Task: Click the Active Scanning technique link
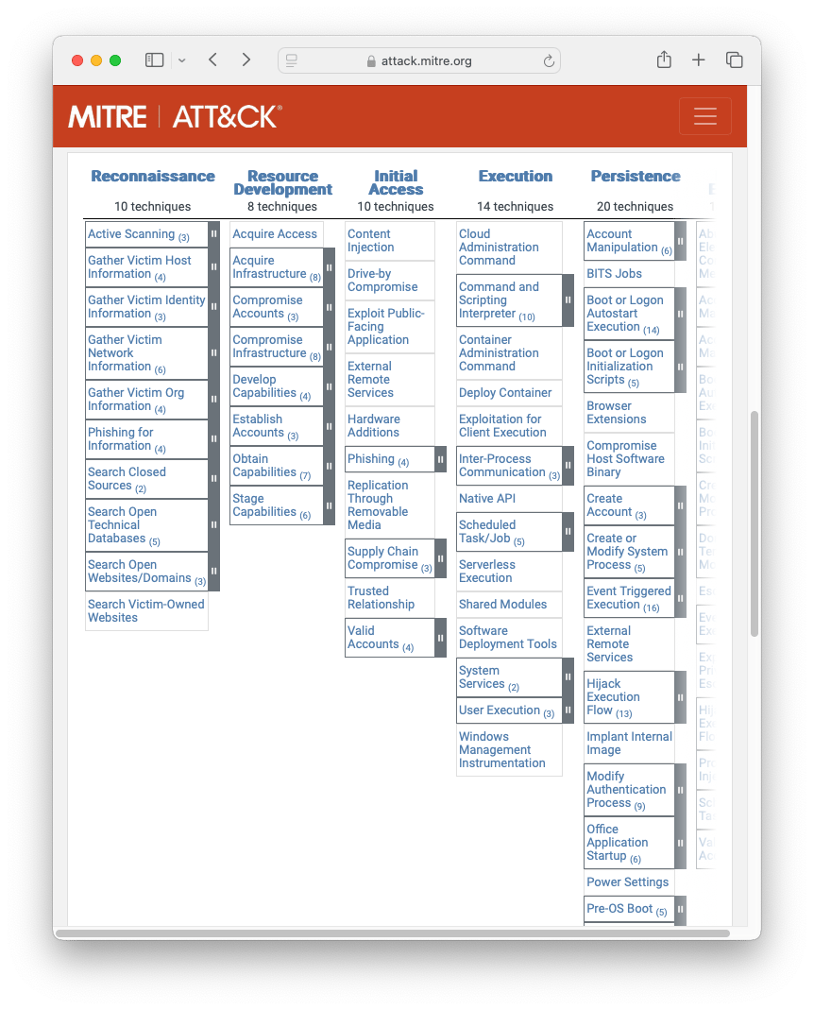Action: (131, 234)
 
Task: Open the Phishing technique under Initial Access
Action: (371, 459)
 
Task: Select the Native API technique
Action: (486, 499)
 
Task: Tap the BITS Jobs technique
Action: (614, 274)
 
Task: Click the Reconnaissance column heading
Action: (153, 176)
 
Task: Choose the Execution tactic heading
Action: (515, 176)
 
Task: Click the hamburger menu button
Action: (704, 116)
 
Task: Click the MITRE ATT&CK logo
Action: (175, 116)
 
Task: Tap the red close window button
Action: (77, 60)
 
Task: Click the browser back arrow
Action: (212, 60)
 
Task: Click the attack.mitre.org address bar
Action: (419, 60)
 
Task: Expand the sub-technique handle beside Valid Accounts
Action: (440, 638)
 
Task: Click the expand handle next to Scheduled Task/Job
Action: (568, 532)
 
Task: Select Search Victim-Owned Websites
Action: (145, 611)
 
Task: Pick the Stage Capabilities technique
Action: (264, 505)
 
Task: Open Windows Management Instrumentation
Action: (501, 750)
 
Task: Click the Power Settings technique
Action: (627, 882)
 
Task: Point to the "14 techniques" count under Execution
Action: (516, 207)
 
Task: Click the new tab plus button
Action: (699, 60)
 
